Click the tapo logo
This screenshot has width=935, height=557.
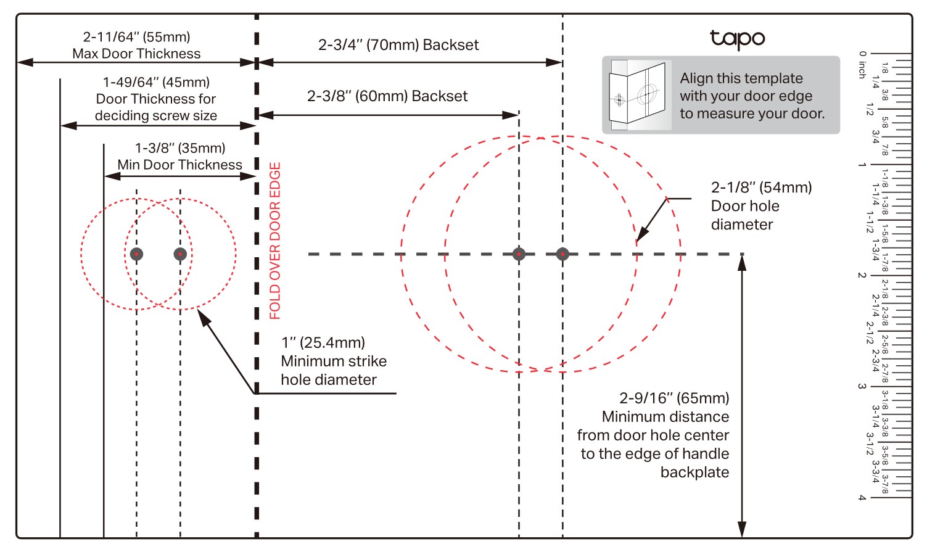tap(737, 39)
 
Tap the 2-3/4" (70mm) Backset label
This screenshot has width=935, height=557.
tap(398, 45)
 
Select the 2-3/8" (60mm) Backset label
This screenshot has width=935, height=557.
tap(387, 96)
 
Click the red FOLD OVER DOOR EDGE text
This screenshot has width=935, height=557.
tap(275, 241)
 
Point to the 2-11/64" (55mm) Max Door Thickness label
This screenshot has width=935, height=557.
tap(136, 46)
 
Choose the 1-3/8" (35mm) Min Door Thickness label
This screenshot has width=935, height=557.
tap(180, 157)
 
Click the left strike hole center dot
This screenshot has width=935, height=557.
tap(136, 254)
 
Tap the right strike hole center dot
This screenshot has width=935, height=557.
tap(180, 254)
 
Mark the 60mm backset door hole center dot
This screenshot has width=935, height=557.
tap(519, 254)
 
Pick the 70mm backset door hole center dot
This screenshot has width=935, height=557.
tap(562, 254)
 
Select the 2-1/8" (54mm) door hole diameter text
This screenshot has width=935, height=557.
tap(761, 206)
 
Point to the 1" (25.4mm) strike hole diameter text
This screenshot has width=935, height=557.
tap(334, 361)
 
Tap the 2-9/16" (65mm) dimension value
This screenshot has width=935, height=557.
tap(674, 398)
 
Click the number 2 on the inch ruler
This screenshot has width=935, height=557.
tap(862, 276)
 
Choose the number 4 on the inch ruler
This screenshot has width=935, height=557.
tap(862, 498)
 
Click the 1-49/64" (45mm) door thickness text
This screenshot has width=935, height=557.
tap(156, 99)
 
